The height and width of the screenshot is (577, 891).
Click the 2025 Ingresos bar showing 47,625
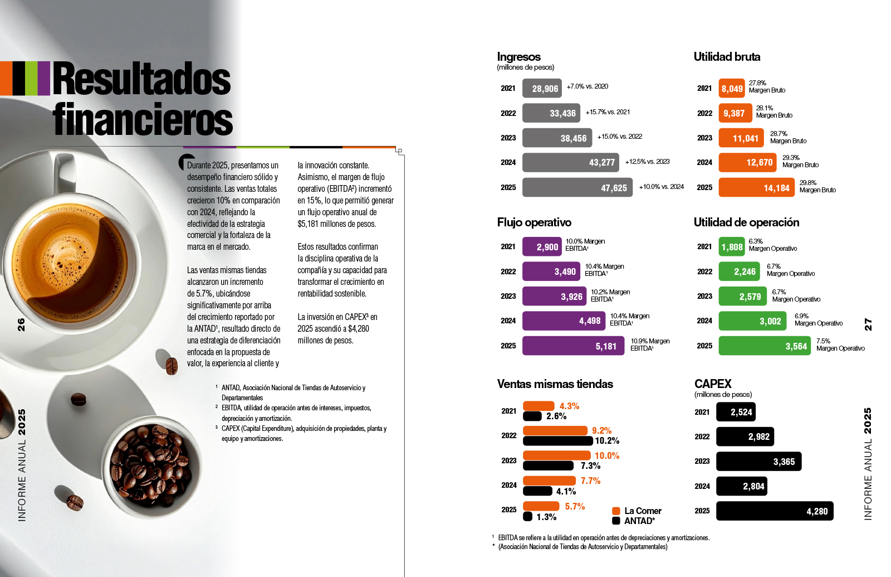click(x=577, y=188)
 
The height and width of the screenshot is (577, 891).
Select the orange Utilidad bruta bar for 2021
click(x=731, y=89)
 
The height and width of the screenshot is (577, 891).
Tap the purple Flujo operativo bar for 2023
click(x=554, y=297)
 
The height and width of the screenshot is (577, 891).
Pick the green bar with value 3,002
click(x=752, y=321)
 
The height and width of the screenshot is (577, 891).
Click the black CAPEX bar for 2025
click(x=774, y=511)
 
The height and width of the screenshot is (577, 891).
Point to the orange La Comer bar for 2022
click(x=555, y=430)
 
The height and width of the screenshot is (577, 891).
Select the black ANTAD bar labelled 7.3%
click(x=548, y=466)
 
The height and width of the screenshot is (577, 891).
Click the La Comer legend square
click(x=616, y=511)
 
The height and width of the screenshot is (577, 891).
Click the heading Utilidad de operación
click(x=746, y=222)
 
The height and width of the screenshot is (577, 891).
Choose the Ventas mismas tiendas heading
click(x=555, y=384)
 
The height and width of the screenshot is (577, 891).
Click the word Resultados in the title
click(x=141, y=79)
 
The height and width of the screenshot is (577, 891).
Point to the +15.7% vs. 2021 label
click(x=608, y=112)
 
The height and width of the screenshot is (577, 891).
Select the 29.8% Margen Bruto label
click(x=817, y=186)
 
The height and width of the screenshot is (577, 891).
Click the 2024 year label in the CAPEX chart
click(x=702, y=486)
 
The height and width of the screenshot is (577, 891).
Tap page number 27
click(x=868, y=324)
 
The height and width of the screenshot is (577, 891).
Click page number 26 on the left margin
click(x=21, y=324)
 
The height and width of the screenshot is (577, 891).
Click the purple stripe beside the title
click(x=44, y=78)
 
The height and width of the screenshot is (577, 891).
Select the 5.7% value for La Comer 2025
click(x=575, y=506)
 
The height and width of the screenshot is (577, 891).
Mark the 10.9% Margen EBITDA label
click(x=649, y=345)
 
